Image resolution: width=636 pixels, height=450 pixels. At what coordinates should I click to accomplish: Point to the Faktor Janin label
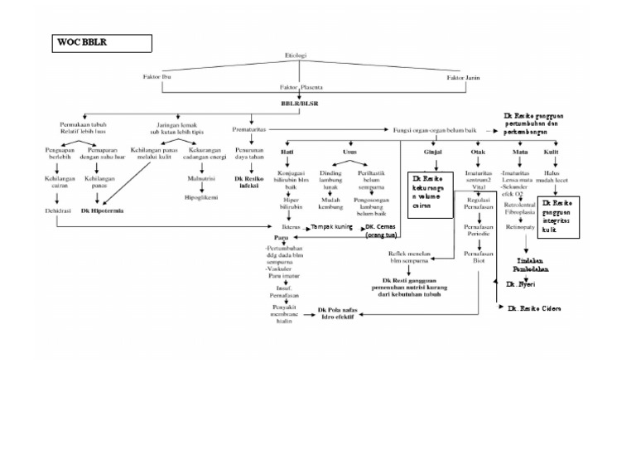point(463,77)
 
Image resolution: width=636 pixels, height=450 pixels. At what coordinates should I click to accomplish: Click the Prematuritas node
point(250,130)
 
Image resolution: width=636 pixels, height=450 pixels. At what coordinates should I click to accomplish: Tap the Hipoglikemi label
point(202,199)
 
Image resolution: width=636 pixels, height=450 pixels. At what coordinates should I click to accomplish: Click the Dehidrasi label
point(59,211)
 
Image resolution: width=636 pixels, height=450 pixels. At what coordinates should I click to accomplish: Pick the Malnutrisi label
point(202,177)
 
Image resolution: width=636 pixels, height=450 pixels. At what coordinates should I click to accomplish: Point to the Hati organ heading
point(287,152)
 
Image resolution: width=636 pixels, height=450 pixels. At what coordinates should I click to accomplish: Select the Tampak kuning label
point(331,226)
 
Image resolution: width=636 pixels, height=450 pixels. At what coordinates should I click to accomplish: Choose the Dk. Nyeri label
point(522,283)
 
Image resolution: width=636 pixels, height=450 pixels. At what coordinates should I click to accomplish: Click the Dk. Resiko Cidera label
point(534,308)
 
